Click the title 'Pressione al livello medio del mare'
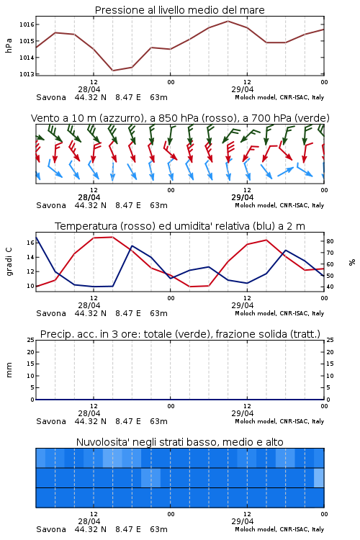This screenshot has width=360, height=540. click(x=179, y=10)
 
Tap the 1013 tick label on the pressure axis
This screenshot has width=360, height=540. click(x=27, y=74)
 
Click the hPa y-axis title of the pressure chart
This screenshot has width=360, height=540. click(x=9, y=45)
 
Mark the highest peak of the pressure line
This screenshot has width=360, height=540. click(x=228, y=21)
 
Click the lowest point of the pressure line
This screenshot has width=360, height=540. click(x=112, y=71)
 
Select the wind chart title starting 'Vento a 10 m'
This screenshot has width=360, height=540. click(x=180, y=118)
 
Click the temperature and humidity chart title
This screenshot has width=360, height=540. click(x=180, y=226)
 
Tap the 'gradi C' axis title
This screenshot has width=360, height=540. click(x=9, y=261)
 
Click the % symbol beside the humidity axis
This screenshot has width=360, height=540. click(x=352, y=262)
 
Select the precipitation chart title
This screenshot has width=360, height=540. click(x=180, y=334)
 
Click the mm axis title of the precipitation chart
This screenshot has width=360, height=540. click(x=9, y=370)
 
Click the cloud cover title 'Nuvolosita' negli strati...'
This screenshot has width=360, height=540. click(x=179, y=442)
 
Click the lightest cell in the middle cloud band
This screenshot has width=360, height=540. click(x=319, y=477)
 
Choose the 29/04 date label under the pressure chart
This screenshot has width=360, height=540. click(x=243, y=89)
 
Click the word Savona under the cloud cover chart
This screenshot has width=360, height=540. click(x=51, y=529)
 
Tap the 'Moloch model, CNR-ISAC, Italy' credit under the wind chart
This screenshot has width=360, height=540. click(x=279, y=205)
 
